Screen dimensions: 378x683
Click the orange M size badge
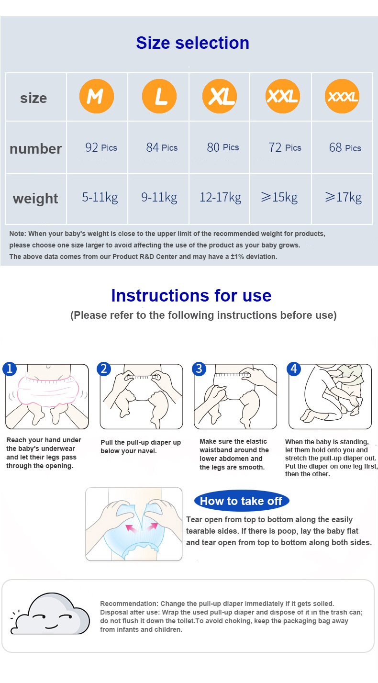pyautogui.click(x=97, y=96)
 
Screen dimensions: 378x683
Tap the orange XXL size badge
pyautogui.click(x=283, y=96)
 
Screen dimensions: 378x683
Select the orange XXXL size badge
pyautogui.click(x=342, y=96)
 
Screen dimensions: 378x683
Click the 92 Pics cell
pyautogui.click(x=101, y=147)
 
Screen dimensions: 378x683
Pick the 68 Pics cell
pyautogui.click(x=345, y=147)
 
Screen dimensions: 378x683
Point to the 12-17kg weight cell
pyautogui.click(x=220, y=197)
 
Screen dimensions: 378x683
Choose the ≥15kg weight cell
pyautogui.click(x=279, y=197)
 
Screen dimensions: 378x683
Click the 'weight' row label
pyautogui.click(x=35, y=199)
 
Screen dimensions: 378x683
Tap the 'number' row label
pyautogui.click(x=36, y=149)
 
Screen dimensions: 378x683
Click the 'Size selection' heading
pyautogui.click(x=193, y=43)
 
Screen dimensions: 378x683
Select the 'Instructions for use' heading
pyautogui.click(x=191, y=295)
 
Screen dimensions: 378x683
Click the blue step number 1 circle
pyautogui.click(x=10, y=369)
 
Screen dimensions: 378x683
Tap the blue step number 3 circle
pyautogui.click(x=199, y=369)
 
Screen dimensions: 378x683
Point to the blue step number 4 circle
pyautogui.click(x=294, y=369)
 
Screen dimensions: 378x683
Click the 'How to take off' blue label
pyautogui.click(x=242, y=501)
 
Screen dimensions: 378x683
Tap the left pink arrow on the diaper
pyautogui.click(x=131, y=528)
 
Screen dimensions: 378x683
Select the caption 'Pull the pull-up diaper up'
pyautogui.click(x=141, y=442)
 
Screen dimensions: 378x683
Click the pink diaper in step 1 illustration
pyautogui.click(x=48, y=391)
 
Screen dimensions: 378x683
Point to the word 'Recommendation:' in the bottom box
pyautogui.click(x=129, y=604)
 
